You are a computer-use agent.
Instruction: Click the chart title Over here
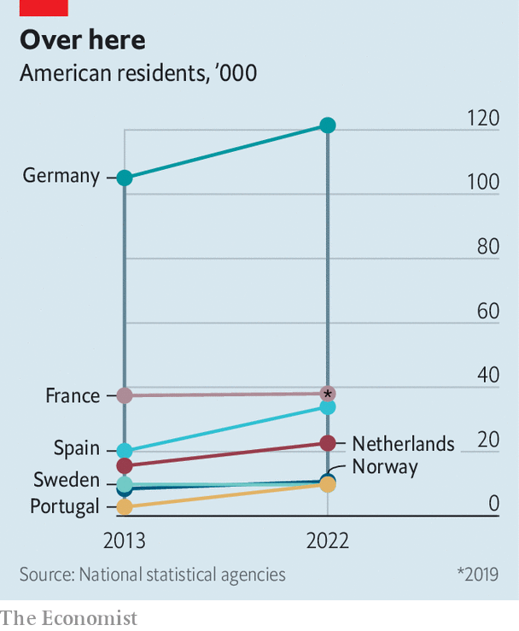(x=83, y=40)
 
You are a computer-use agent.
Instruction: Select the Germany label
(x=61, y=176)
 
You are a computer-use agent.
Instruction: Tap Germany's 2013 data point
(x=125, y=178)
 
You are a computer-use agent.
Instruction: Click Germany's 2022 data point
(x=327, y=126)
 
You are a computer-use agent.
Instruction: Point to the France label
(x=73, y=395)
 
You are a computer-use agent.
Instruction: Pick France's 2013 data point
(x=125, y=394)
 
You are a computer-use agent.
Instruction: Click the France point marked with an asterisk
(x=327, y=394)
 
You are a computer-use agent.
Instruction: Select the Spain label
(x=77, y=448)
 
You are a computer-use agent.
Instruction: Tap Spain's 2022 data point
(x=327, y=407)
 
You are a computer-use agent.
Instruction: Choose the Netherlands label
(x=403, y=444)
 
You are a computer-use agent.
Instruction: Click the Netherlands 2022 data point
(x=327, y=443)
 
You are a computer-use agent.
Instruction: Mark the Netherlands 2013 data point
(x=125, y=465)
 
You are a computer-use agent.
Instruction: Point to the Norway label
(x=385, y=467)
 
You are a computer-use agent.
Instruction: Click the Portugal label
(x=65, y=506)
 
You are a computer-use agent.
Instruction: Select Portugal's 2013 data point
(x=125, y=507)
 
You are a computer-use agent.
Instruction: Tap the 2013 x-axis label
(x=125, y=541)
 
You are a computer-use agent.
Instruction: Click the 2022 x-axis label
(x=327, y=541)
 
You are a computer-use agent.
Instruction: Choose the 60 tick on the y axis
(x=487, y=311)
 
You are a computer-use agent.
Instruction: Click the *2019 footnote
(x=477, y=575)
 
